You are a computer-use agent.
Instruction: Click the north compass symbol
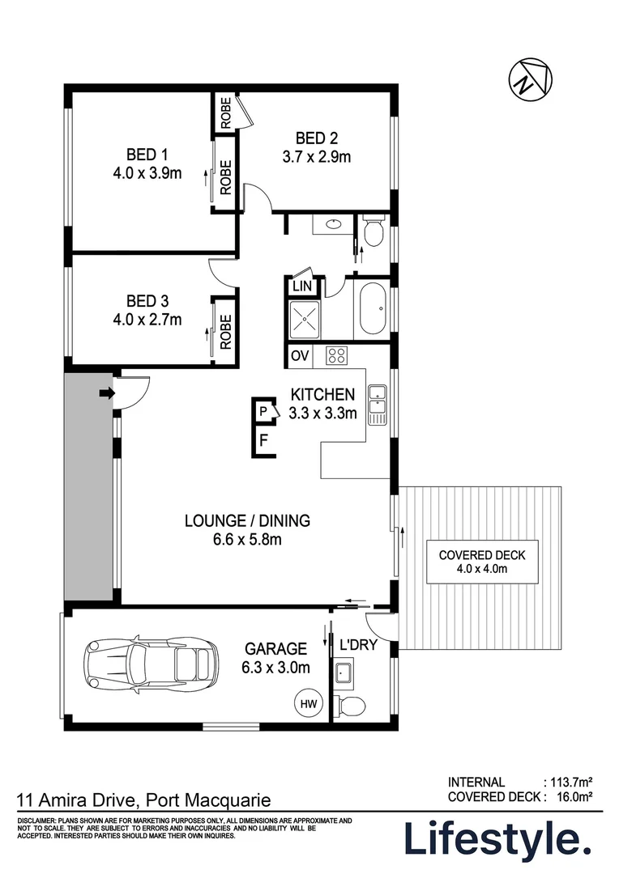pyautogui.click(x=530, y=78)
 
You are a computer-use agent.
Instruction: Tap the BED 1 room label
pyautogui.click(x=147, y=155)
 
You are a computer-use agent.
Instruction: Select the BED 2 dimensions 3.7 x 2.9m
pyautogui.click(x=317, y=157)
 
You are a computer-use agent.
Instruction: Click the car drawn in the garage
pyautogui.click(x=150, y=664)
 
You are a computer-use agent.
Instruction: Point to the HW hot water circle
pyautogui.click(x=309, y=703)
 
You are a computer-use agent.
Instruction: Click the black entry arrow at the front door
pyautogui.click(x=107, y=393)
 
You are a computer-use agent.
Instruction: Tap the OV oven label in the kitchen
pyautogui.click(x=300, y=355)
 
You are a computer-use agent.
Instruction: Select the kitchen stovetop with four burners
pyautogui.click(x=336, y=355)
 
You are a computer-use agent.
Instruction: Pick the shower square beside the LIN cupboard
pyautogui.click(x=304, y=319)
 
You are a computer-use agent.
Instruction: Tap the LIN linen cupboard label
pyautogui.click(x=302, y=286)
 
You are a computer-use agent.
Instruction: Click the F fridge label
pyautogui.click(x=264, y=440)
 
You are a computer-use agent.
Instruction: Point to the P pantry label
pyautogui.click(x=263, y=411)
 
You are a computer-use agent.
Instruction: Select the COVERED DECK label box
pyautogui.click(x=482, y=562)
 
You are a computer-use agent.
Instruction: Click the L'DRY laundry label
pyautogui.click(x=358, y=645)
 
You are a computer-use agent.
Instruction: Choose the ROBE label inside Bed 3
pyautogui.click(x=225, y=333)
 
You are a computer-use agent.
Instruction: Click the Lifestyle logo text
pyautogui.click(x=497, y=838)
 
